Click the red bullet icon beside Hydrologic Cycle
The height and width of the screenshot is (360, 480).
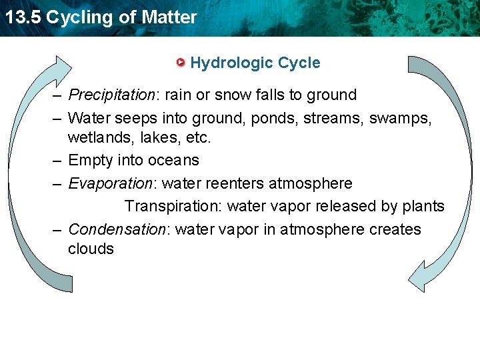coord(181,63)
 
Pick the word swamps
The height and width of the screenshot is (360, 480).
coord(399,119)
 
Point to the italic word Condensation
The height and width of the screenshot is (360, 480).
coord(117,230)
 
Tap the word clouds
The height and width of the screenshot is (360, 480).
coord(91,249)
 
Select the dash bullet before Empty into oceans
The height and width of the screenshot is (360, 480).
coord(58,161)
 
